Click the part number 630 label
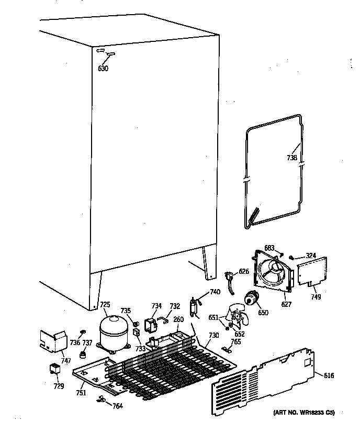click(103, 69)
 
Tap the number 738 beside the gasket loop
click(292, 158)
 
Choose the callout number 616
click(329, 376)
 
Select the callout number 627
click(286, 304)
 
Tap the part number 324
click(311, 256)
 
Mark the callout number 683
click(269, 248)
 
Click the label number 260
click(178, 320)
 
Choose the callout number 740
click(215, 292)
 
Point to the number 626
click(244, 271)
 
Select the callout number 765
click(236, 341)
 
